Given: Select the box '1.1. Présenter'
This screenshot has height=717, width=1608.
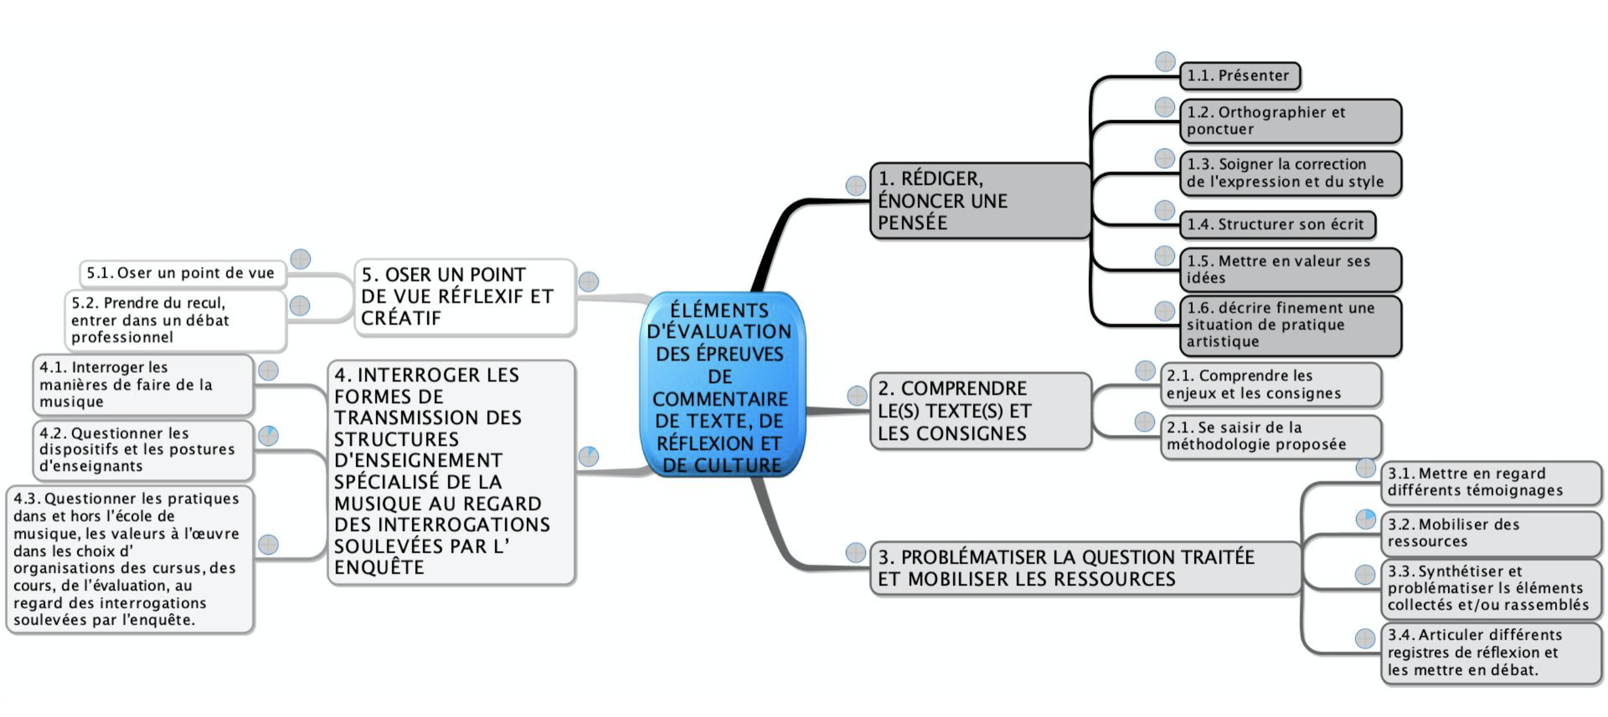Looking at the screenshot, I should point(1239,76).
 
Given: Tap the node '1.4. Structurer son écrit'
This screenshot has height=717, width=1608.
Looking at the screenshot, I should point(1276,225).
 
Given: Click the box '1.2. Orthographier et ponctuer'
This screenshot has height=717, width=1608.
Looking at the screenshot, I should point(1290,121).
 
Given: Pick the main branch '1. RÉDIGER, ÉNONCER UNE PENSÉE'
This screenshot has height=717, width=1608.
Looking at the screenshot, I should point(979,201).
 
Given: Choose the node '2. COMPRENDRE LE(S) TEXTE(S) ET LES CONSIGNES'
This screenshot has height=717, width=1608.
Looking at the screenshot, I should point(979,411).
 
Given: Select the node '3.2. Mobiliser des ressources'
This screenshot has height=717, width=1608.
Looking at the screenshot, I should point(1490,533).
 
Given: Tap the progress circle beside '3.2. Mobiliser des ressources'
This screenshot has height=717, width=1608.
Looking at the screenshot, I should point(1366,519).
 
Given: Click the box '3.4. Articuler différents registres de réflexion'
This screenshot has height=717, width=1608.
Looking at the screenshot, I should point(1490,653).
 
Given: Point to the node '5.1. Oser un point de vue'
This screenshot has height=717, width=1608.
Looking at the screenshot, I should point(181,273).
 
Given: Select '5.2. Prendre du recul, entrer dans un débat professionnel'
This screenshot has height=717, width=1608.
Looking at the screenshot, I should point(175,320).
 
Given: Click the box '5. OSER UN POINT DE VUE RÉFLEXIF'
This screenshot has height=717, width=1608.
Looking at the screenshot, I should point(464,297).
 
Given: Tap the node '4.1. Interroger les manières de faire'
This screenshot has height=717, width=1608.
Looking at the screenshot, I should point(143,384).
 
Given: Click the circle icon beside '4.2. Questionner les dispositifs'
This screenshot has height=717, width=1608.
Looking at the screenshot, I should point(269,435).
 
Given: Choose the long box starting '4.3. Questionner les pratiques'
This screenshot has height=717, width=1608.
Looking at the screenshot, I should point(130,559).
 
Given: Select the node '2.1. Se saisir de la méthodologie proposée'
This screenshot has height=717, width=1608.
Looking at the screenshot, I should point(1270,436).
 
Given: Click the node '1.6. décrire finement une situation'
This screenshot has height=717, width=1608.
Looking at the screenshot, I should point(1290,325).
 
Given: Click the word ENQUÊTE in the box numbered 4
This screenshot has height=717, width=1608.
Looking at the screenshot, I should point(379,568).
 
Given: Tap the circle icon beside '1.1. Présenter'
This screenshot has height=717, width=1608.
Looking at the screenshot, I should point(1165,62).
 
